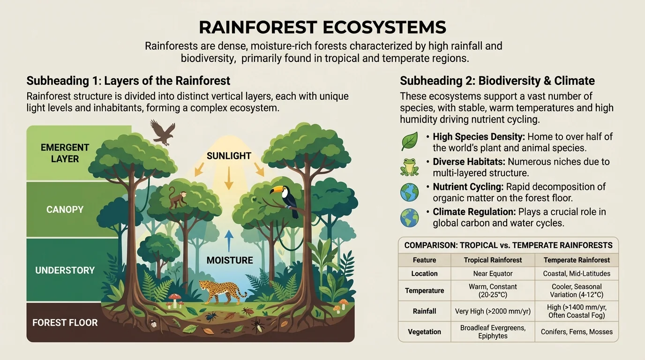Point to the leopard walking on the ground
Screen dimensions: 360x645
tap(220, 292)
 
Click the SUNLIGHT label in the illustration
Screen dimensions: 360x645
tap(229, 156)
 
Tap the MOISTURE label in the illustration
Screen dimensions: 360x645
tap(230, 260)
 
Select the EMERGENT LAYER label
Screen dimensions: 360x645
tap(65, 153)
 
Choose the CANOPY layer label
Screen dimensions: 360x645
tap(65, 210)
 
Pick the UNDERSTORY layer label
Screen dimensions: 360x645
tap(65, 270)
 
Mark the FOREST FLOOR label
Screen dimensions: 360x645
tap(65, 322)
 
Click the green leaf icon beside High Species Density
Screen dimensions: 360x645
tap(409, 141)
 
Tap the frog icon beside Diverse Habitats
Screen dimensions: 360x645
tap(409, 166)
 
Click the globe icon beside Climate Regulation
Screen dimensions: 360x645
tap(409, 217)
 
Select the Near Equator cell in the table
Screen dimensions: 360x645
tap(493, 273)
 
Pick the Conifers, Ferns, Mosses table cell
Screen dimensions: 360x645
tap(577, 331)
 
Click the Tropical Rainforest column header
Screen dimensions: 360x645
tap(493, 260)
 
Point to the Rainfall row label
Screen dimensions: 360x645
tap(425, 311)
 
